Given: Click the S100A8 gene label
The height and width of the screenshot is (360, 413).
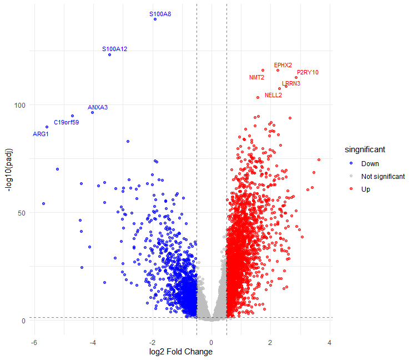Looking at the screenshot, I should (x=160, y=13).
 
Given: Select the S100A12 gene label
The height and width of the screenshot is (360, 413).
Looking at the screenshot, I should (x=115, y=49).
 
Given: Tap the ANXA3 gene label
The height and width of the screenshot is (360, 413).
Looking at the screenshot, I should (x=98, y=107).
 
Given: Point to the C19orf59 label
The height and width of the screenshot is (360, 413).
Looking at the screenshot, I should (x=66, y=122).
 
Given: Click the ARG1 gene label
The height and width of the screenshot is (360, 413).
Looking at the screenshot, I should (x=41, y=134).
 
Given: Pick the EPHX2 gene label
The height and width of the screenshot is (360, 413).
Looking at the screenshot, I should (x=283, y=65).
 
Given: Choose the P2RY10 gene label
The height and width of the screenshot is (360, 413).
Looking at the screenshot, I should (x=308, y=72).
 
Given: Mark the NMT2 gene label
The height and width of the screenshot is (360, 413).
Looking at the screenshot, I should (x=256, y=77).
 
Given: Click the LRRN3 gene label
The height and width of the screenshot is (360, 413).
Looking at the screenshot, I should (x=291, y=83).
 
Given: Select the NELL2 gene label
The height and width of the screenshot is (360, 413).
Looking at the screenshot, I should (x=273, y=95).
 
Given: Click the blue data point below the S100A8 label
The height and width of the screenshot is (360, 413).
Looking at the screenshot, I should (x=155, y=19).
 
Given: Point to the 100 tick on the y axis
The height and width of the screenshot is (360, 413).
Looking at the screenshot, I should (x=19, y=105).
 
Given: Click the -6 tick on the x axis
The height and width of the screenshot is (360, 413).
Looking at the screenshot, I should (x=34, y=342).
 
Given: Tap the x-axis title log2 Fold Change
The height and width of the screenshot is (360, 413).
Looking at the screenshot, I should (x=181, y=352).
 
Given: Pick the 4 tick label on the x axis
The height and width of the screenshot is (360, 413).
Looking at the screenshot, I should (x=330, y=342).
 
